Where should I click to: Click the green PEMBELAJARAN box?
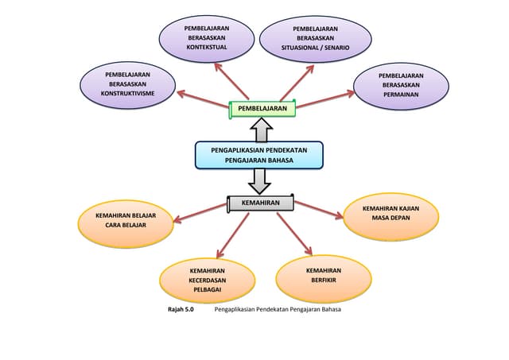pos(262,108)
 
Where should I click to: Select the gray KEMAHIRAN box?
pos(261,204)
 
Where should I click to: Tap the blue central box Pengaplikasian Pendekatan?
pos(259,155)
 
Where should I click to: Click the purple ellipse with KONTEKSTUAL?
pos(207,37)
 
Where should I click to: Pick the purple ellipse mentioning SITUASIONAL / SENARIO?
pos(316,38)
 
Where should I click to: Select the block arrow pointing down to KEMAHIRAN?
pos(259,182)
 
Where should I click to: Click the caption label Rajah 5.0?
pos(181,309)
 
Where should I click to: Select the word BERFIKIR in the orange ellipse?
pos(323,281)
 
